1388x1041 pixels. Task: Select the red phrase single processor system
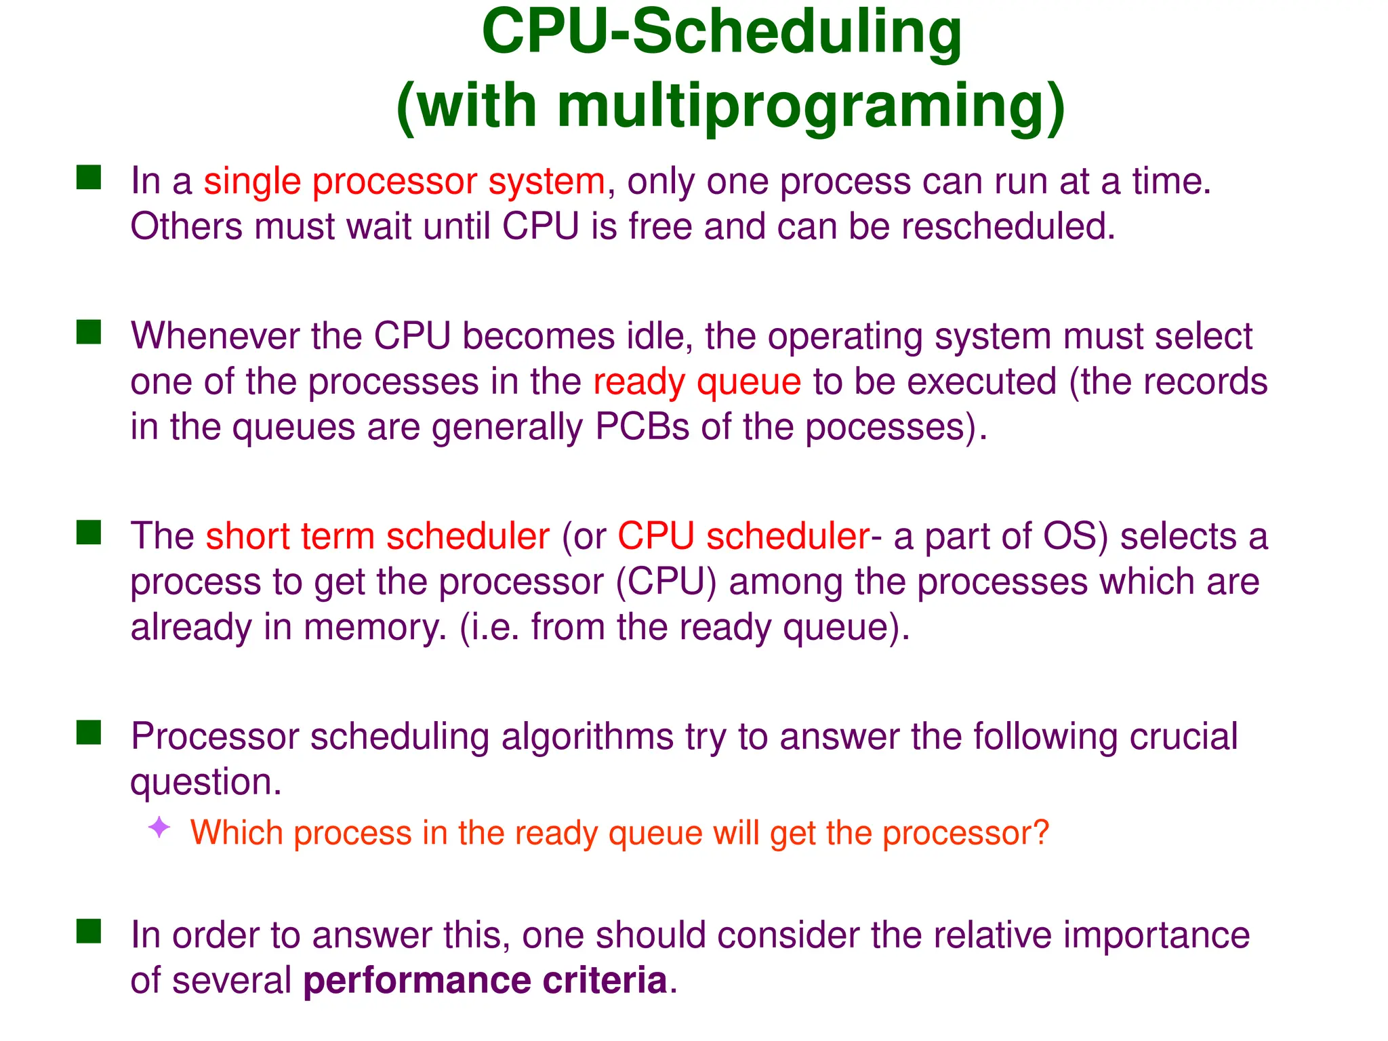[405, 181]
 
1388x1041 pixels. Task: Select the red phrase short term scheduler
[377, 536]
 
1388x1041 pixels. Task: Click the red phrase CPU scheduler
[743, 536]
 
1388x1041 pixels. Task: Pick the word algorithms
[587, 737]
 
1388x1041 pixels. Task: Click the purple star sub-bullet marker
[159, 828]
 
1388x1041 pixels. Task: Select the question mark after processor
[1040, 832]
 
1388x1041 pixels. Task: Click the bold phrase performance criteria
[485, 981]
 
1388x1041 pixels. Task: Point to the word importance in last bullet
[1156, 935]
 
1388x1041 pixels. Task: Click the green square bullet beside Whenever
[89, 333]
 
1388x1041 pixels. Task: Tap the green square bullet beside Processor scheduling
[89, 733]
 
